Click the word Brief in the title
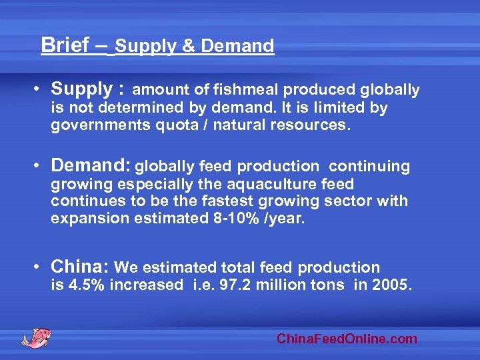(65, 45)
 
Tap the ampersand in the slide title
(188, 46)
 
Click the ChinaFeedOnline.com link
(347, 339)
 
